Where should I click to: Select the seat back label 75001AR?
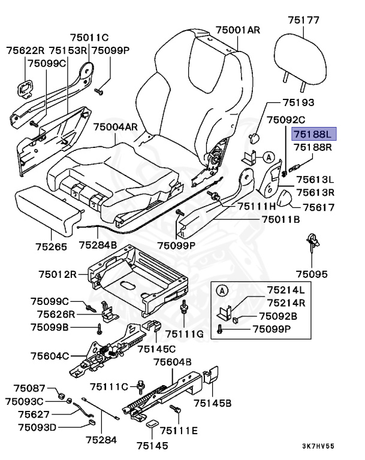pyautogui.click(x=238, y=29)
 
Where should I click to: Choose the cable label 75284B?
pyautogui.click(x=98, y=246)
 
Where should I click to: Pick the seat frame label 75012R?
pyautogui.click(x=58, y=275)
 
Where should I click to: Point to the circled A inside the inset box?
pyautogui.click(x=222, y=291)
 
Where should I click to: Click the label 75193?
pyautogui.click(x=295, y=103)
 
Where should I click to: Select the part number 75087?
pyautogui.click(x=29, y=389)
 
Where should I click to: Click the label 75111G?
pyautogui.click(x=185, y=334)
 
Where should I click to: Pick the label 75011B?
pyautogui.click(x=280, y=219)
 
